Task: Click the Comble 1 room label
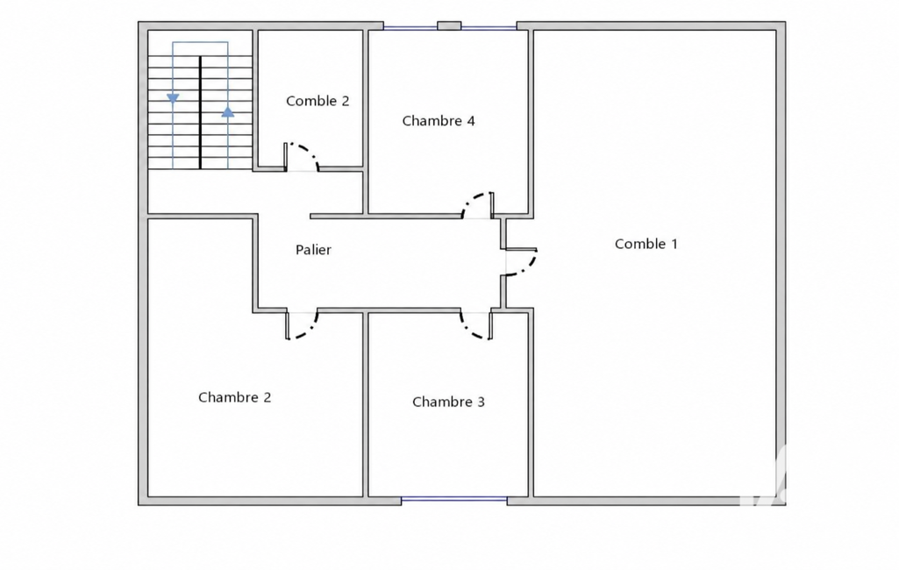pyautogui.click(x=646, y=244)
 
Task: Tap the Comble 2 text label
pyautogui.click(x=318, y=101)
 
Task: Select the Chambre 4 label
pyautogui.click(x=439, y=121)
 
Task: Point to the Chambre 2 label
pyautogui.click(x=234, y=397)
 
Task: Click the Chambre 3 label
pyautogui.click(x=448, y=402)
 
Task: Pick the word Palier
pyautogui.click(x=313, y=250)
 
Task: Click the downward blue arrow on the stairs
pyautogui.click(x=173, y=98)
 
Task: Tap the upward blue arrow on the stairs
pyautogui.click(x=228, y=112)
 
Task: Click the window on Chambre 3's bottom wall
pyautogui.click(x=454, y=501)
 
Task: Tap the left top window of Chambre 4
pyautogui.click(x=410, y=27)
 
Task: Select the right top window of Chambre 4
pyautogui.click(x=489, y=27)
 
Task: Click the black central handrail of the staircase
pyautogui.click(x=200, y=112)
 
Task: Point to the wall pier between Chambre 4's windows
pyautogui.click(x=449, y=25)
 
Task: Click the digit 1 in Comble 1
pyautogui.click(x=674, y=244)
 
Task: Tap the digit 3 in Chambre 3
pyautogui.click(x=481, y=402)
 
